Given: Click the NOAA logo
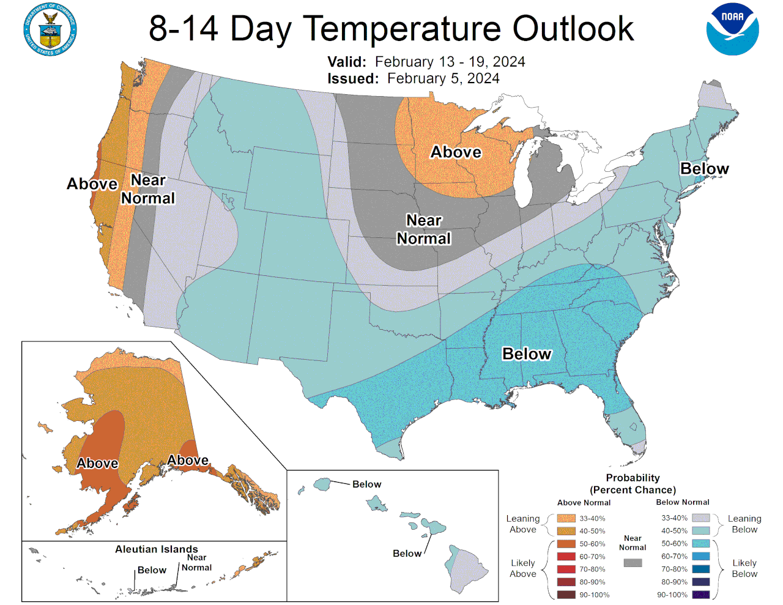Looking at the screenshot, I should (732, 29).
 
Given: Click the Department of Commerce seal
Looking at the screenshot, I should (50, 29).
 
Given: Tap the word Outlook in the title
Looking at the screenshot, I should (573, 28).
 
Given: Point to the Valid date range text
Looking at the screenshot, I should (450, 62).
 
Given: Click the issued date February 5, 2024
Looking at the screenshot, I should (443, 78).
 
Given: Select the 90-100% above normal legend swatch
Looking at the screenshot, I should (566, 595).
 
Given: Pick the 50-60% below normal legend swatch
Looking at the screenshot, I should (700, 543).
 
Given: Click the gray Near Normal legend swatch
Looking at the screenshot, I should (633, 562).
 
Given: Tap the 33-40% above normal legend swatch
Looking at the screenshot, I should (566, 518).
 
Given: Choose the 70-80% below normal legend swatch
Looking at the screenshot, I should (700, 569).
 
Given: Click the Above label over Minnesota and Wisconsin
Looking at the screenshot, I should (456, 152).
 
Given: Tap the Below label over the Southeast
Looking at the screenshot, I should (527, 354).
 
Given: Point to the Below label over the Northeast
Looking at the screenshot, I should (704, 168).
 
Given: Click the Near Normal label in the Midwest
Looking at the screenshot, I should (424, 229).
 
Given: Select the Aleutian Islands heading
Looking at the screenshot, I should (157, 549).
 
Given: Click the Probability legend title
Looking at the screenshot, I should (633, 483).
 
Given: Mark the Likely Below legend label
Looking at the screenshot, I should (744, 568).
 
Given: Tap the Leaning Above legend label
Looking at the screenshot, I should (522, 524).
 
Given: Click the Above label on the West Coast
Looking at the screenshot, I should (92, 184).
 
